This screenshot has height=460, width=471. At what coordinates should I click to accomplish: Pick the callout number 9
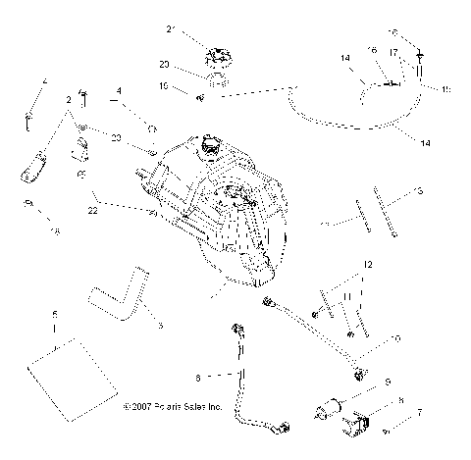387,381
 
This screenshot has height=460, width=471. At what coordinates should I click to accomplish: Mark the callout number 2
68,100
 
